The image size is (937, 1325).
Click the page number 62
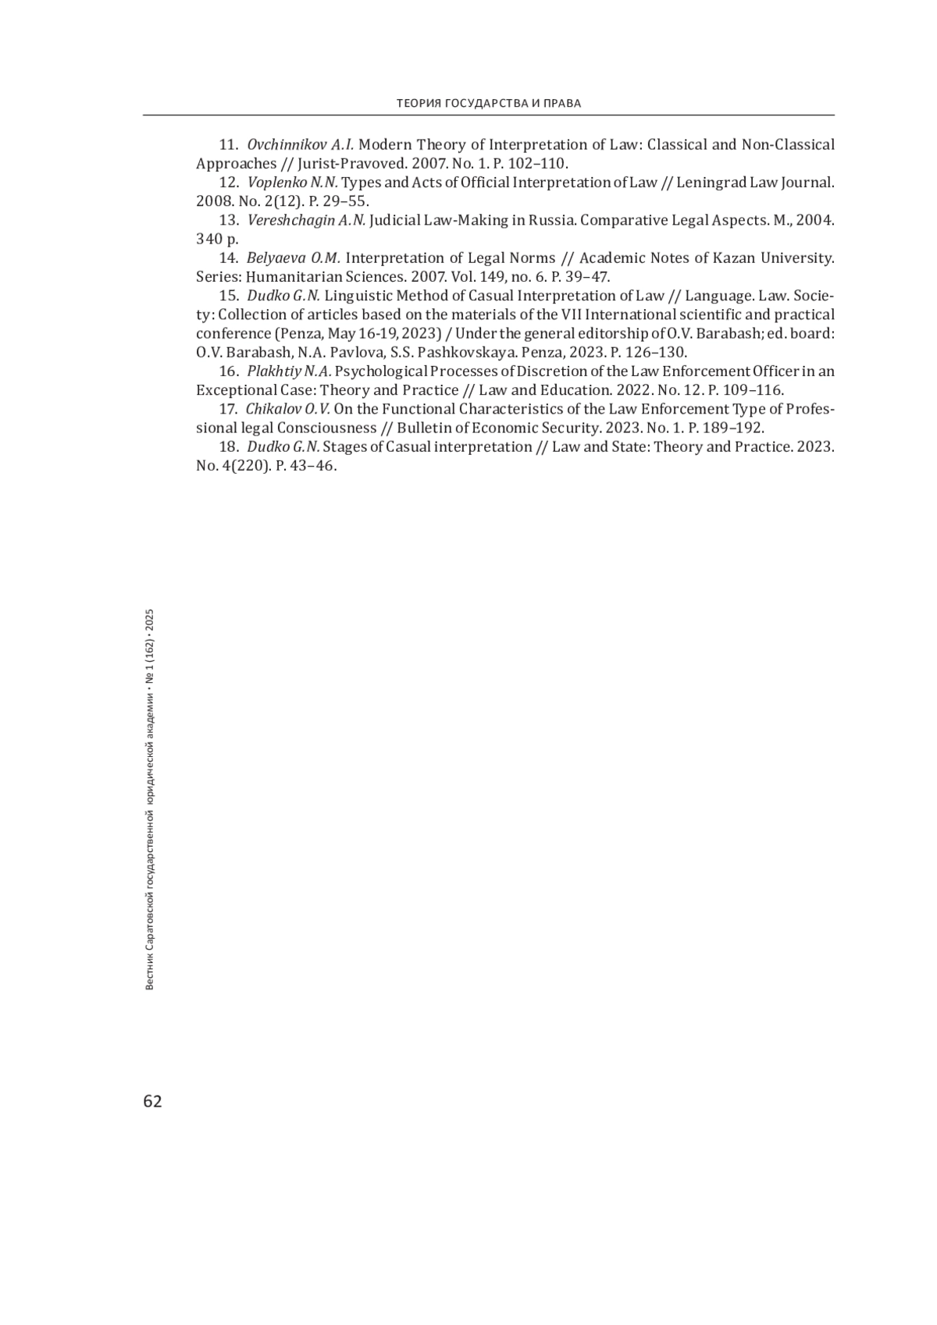click(152, 1101)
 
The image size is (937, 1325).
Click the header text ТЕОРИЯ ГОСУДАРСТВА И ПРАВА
click(489, 103)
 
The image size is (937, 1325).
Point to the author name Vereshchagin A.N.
click(306, 220)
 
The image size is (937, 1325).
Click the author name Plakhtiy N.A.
click(290, 371)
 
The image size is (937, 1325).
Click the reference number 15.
click(228, 296)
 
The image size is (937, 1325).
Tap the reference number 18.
click(228, 447)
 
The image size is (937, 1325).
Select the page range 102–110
click(536, 164)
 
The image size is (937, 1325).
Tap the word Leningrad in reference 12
click(712, 183)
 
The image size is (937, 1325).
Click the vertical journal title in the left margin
click(151, 800)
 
